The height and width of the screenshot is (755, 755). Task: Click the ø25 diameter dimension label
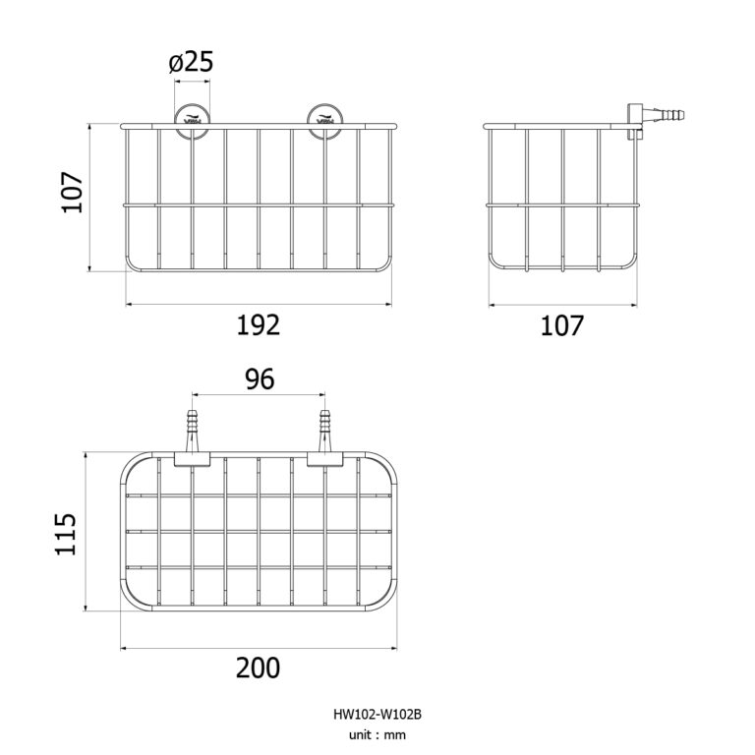[191, 63]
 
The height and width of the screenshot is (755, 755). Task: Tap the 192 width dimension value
[259, 324]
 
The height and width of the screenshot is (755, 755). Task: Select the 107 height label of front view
[70, 194]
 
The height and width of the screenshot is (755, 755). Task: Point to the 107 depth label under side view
[562, 324]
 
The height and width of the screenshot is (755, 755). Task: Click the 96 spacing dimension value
[260, 378]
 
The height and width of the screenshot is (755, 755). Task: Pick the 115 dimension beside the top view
[66, 534]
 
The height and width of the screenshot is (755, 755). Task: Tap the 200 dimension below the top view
[259, 668]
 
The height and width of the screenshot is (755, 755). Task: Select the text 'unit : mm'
[377, 734]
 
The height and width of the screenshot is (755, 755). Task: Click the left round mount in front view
[192, 119]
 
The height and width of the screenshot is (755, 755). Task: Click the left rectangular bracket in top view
[193, 460]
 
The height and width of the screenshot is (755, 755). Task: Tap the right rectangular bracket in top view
[324, 460]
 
